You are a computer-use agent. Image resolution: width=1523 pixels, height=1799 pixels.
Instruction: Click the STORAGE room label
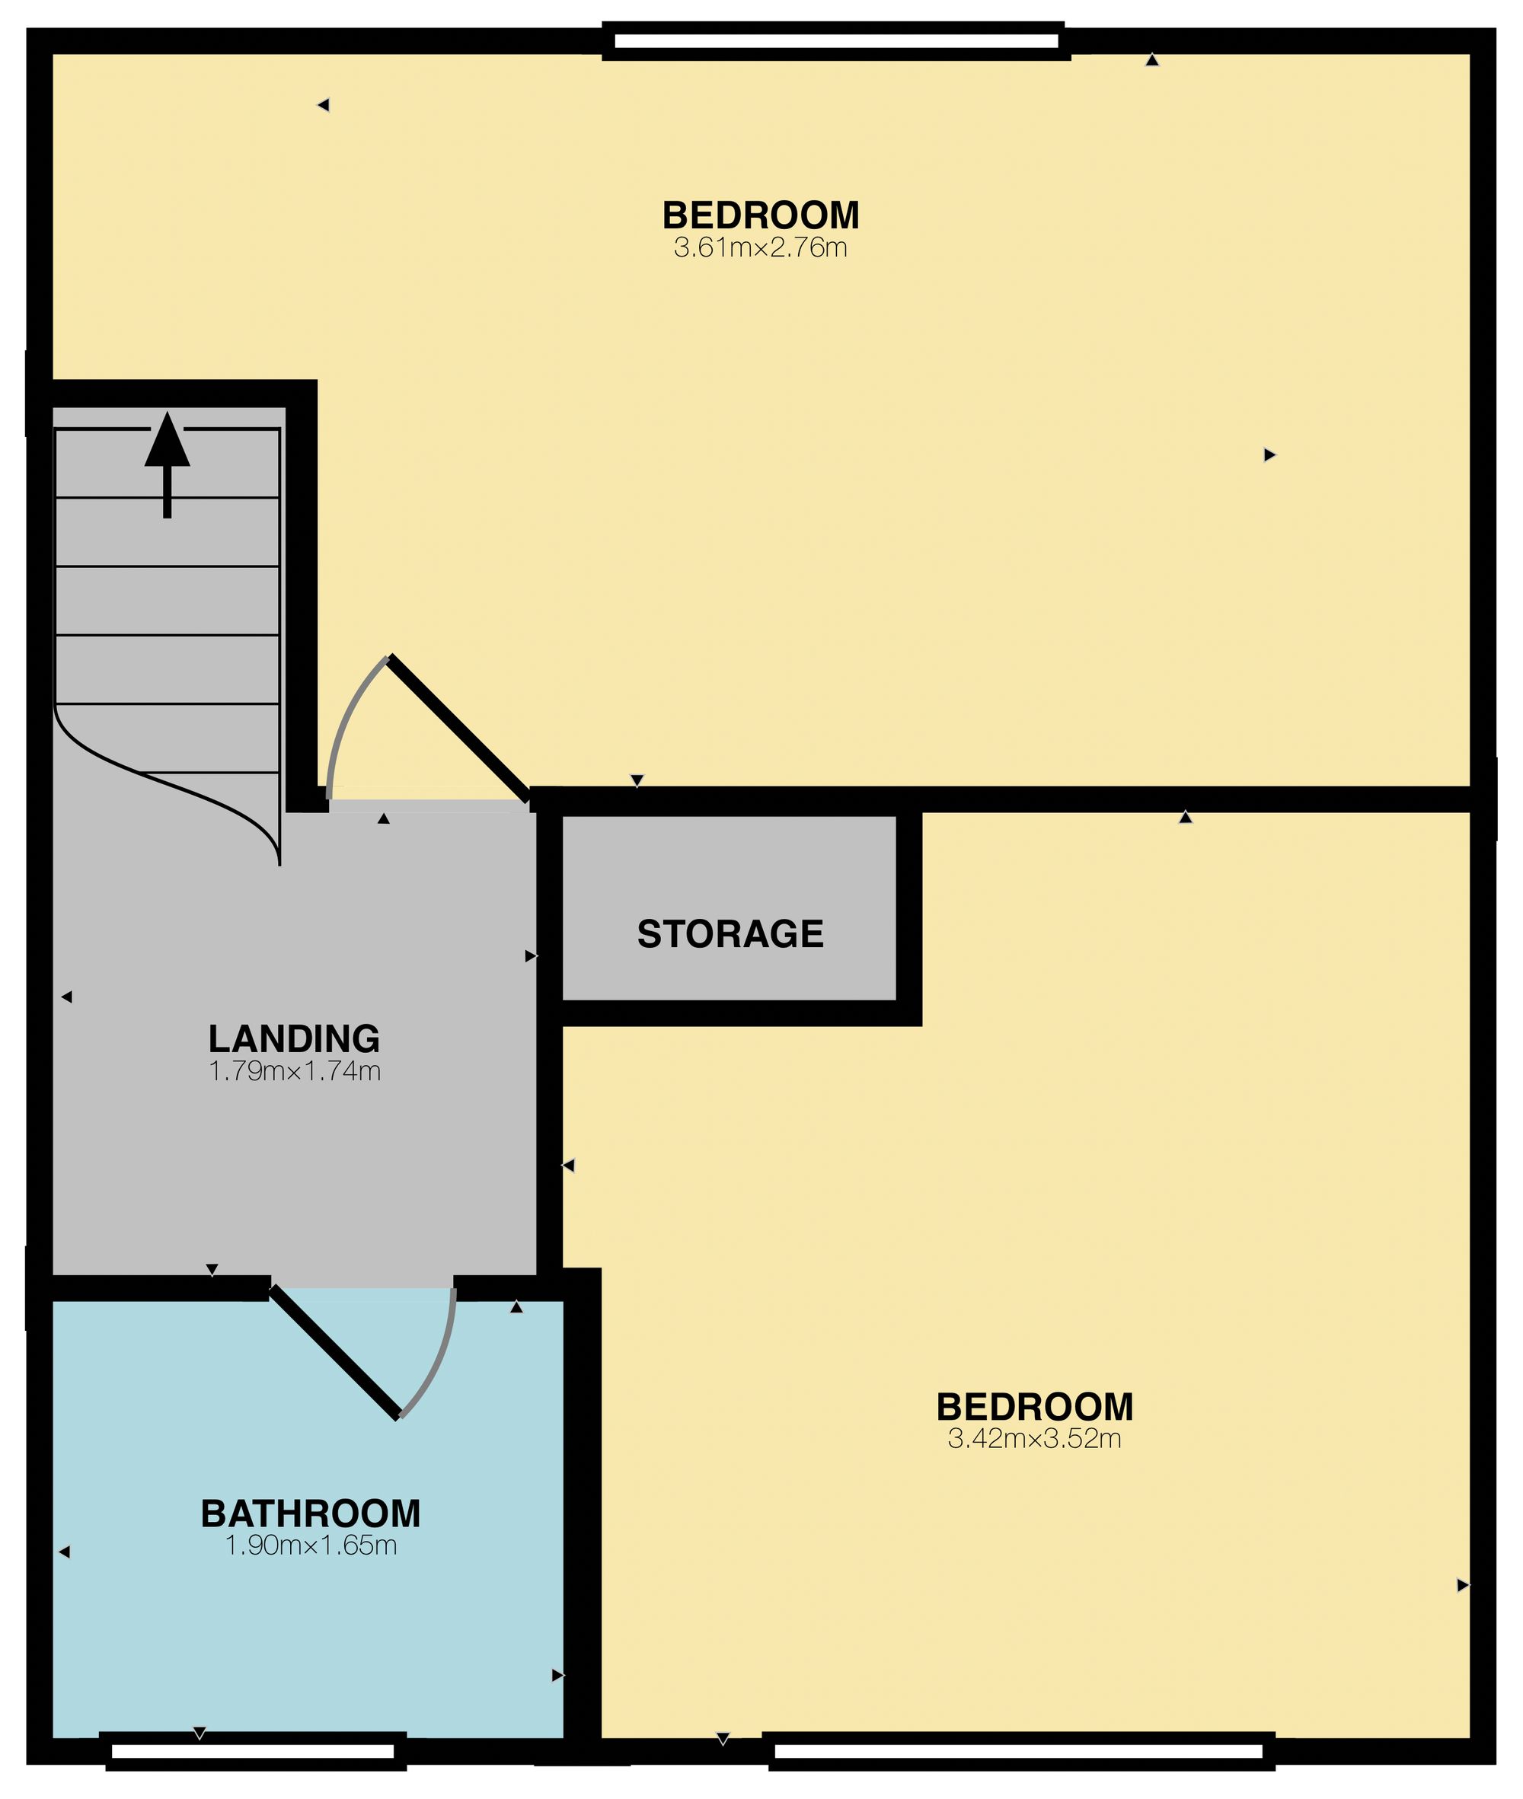click(x=730, y=934)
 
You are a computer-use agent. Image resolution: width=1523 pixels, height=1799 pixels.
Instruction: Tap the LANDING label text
click(x=295, y=1038)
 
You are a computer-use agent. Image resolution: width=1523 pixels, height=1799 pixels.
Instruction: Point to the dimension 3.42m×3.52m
click(x=1034, y=1439)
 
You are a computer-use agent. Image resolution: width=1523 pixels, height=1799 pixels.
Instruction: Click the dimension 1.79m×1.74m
click(x=295, y=1071)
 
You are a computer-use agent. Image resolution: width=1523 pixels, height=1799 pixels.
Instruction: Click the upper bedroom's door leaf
click(x=458, y=728)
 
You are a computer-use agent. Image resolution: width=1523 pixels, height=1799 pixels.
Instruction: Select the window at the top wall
click(x=836, y=40)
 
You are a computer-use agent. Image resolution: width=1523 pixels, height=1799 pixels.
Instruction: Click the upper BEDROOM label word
click(x=760, y=215)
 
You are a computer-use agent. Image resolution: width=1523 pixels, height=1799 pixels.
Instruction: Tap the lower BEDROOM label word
click(x=1034, y=1407)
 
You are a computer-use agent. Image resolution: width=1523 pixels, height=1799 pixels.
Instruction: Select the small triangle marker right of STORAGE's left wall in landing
click(x=530, y=955)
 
